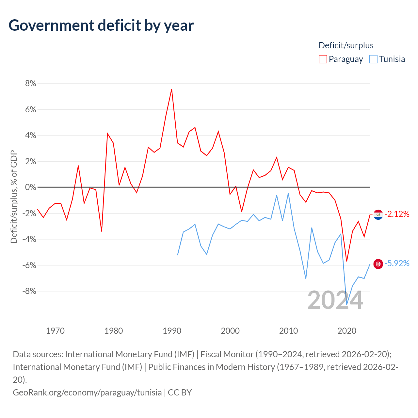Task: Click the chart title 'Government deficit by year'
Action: (x=101, y=25)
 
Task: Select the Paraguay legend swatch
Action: (x=323, y=59)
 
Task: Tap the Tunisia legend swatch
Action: (x=373, y=59)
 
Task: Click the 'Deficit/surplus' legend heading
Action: (x=346, y=45)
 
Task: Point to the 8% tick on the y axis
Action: (x=30, y=84)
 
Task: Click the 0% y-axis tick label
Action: (x=30, y=187)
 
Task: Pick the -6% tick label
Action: (x=29, y=265)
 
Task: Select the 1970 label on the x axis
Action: (x=55, y=331)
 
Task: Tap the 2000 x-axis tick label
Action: (x=230, y=331)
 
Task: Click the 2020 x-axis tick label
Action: (x=347, y=331)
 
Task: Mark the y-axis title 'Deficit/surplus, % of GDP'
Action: (x=14, y=197)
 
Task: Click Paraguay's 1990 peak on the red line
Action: (x=172, y=89)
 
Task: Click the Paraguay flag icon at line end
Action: (x=378, y=215)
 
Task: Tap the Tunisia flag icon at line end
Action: (x=378, y=264)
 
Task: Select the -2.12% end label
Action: (x=397, y=214)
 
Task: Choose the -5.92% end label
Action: (x=397, y=264)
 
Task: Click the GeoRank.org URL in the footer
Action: (x=87, y=392)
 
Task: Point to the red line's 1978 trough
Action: (x=102, y=231)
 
